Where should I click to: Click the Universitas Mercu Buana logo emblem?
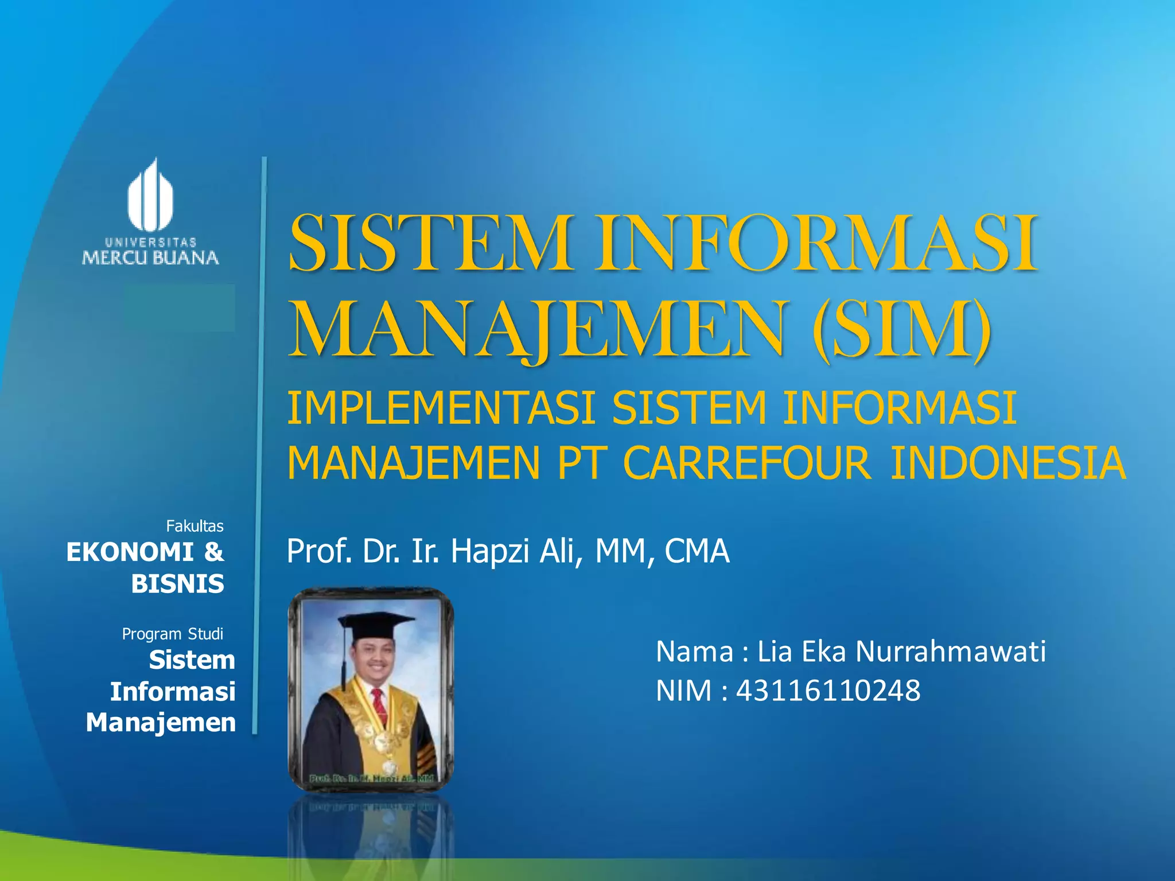(x=150, y=196)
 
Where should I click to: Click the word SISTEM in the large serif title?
(x=431, y=243)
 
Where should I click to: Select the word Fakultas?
(x=194, y=526)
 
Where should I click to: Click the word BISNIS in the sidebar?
(x=177, y=584)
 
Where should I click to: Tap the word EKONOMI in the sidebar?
(x=130, y=552)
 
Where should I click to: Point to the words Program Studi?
(x=172, y=634)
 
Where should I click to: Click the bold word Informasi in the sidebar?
(x=173, y=691)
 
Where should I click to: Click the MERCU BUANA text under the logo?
(x=150, y=258)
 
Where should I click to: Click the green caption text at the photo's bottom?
(x=371, y=778)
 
